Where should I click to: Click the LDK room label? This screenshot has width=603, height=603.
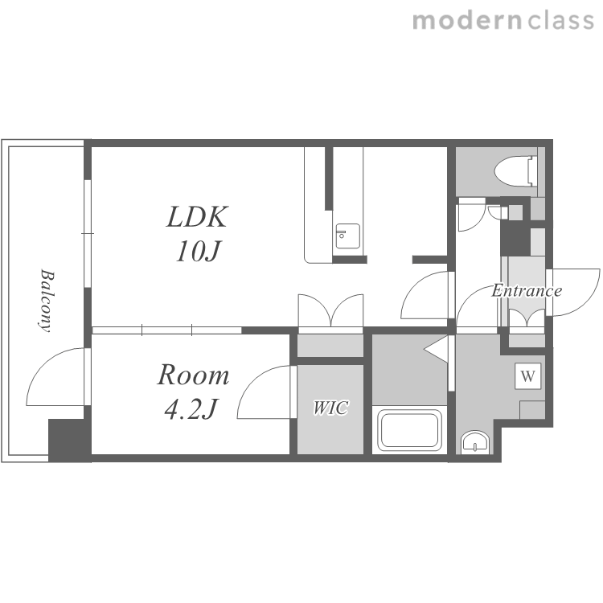point(197,216)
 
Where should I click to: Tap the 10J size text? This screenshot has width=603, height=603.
point(198,252)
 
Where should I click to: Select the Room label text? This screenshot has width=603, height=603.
point(194,375)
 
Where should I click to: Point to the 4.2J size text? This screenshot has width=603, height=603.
point(191,408)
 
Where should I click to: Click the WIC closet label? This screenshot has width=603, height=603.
point(330,408)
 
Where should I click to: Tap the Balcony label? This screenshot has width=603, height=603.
point(47,301)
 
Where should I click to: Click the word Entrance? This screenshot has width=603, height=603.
point(527,290)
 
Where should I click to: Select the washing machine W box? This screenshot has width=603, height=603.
point(528,375)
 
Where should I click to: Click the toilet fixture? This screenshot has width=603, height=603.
point(515,171)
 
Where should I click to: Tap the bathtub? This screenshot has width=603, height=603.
point(409,430)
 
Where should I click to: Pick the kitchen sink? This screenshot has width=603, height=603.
point(348,236)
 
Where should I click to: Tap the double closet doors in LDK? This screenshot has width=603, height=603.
point(330,310)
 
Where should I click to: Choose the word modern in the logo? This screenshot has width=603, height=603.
point(467,20)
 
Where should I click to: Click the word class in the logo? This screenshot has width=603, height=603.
point(560,20)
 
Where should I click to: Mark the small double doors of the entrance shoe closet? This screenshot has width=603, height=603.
point(527,318)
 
